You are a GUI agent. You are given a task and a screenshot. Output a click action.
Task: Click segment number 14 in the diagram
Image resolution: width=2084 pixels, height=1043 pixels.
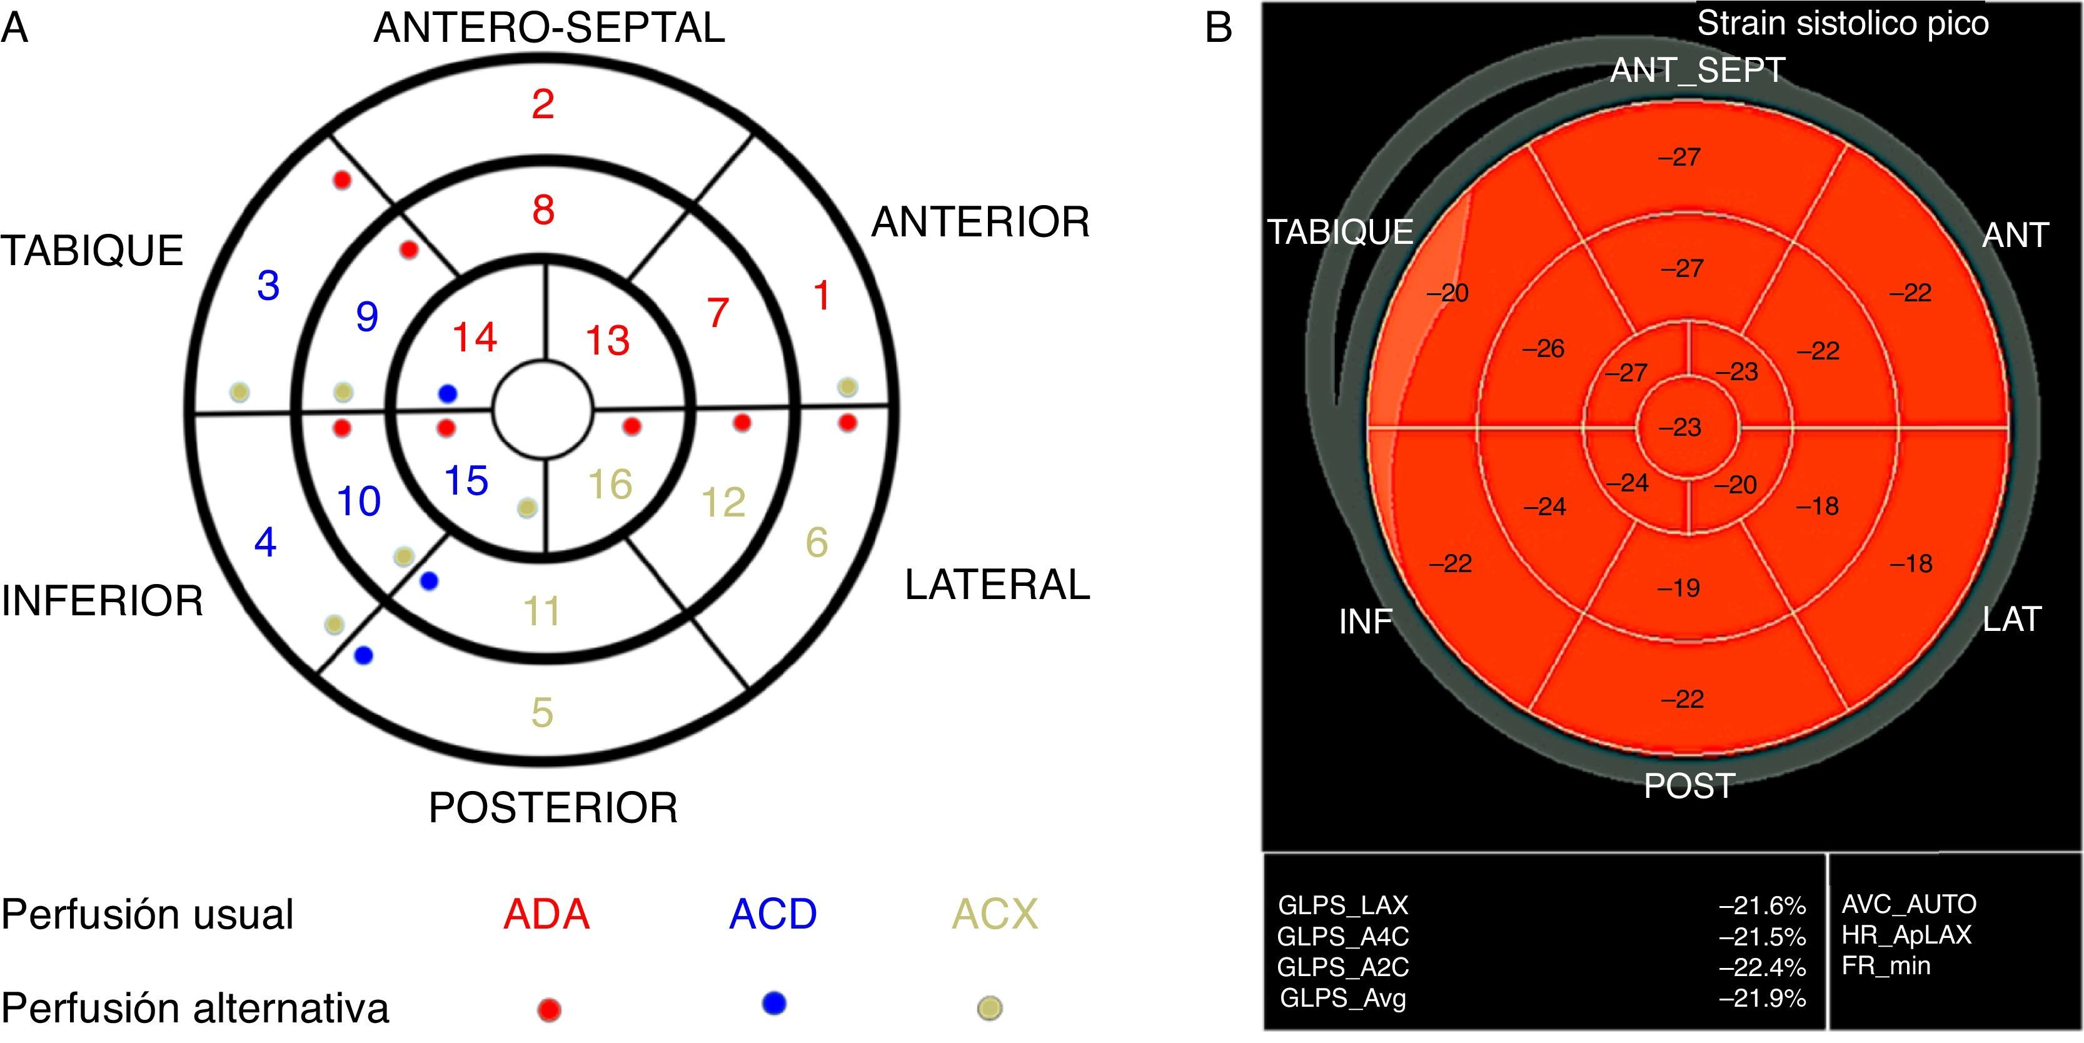pyautogui.click(x=474, y=338)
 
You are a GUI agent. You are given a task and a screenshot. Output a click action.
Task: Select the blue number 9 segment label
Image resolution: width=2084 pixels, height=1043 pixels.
pyautogui.click(x=366, y=316)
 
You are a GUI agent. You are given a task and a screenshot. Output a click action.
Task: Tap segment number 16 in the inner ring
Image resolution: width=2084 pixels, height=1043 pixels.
pyautogui.click(x=610, y=485)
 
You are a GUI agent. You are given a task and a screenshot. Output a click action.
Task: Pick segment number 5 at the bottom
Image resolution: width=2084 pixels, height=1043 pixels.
pyautogui.click(x=542, y=713)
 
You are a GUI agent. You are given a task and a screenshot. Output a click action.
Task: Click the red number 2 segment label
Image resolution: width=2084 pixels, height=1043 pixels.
pyautogui.click(x=543, y=104)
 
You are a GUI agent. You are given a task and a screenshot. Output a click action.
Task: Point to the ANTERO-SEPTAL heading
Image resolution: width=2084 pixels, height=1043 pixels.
pyautogui.click(x=550, y=28)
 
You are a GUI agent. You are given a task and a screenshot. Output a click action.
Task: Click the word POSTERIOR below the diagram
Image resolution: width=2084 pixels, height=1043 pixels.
pyautogui.click(x=553, y=807)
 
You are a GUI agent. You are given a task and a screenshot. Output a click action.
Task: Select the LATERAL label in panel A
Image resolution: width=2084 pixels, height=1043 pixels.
pyautogui.click(x=997, y=585)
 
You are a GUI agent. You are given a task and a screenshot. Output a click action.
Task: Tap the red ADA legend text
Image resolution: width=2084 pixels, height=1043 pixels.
pyautogui.click(x=546, y=914)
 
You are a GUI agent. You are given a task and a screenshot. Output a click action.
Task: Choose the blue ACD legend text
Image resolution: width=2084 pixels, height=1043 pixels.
pyautogui.click(x=773, y=914)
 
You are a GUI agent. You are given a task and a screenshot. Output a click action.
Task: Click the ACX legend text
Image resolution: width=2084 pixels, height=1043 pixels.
pyautogui.click(x=994, y=914)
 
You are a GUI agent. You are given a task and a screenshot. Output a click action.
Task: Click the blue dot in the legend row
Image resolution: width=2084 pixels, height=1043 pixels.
pyautogui.click(x=774, y=1004)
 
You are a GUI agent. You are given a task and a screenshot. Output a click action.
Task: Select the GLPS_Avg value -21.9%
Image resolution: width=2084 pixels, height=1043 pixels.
pyautogui.click(x=1762, y=999)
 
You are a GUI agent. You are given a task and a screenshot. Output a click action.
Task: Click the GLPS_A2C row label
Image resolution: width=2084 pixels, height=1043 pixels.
pyautogui.click(x=1343, y=967)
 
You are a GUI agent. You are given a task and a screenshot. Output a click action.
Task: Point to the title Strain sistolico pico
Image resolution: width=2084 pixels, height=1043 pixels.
pyautogui.click(x=1842, y=24)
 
